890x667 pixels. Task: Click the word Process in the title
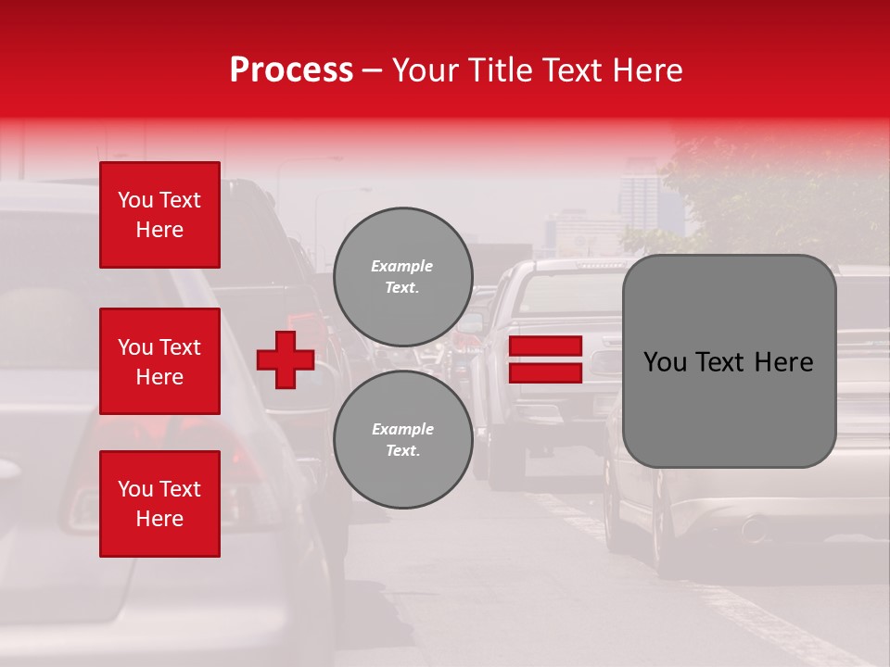click(x=291, y=70)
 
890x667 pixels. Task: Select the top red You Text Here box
click(x=159, y=215)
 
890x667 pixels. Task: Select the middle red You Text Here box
click(x=159, y=361)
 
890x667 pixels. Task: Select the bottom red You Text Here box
click(x=159, y=504)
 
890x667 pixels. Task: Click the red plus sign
click(x=286, y=360)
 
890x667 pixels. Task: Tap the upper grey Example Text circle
click(x=402, y=277)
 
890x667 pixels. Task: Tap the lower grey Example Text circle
click(x=402, y=440)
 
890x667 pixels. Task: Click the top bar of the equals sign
click(x=545, y=346)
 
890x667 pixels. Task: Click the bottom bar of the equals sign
click(x=545, y=372)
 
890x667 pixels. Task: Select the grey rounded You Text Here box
click(x=729, y=361)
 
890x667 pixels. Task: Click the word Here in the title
click(x=646, y=70)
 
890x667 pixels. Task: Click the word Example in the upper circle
click(x=402, y=266)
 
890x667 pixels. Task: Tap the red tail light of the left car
click(x=236, y=454)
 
